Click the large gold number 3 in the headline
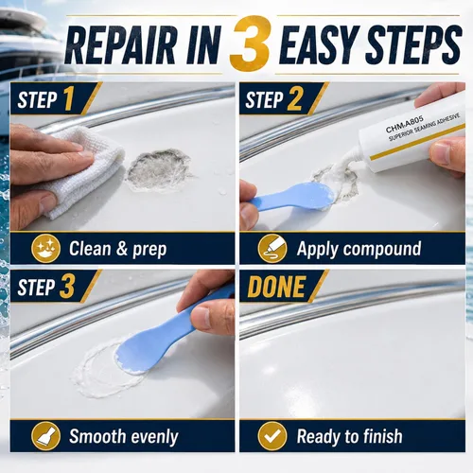[x=249, y=44]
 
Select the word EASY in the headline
[x=319, y=45]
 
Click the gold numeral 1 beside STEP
[x=69, y=98]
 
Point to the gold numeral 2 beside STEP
[x=295, y=98]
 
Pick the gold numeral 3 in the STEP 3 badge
[x=67, y=286]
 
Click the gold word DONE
[x=276, y=287]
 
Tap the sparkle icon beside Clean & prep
[x=45, y=249]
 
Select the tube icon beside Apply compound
[x=272, y=249]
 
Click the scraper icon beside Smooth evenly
[x=45, y=436]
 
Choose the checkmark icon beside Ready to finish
[x=272, y=436]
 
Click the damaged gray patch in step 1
[x=159, y=170]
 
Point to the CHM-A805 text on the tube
[x=405, y=124]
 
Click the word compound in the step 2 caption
[x=382, y=249]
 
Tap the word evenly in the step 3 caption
[x=155, y=437]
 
